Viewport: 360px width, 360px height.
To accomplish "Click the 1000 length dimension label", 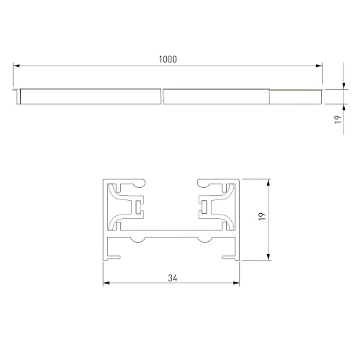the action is [x=168, y=59].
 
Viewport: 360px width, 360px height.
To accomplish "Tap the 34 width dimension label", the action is [x=173, y=278].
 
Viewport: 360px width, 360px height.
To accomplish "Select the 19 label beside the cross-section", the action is [x=263, y=217].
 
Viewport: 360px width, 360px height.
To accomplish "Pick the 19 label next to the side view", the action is [x=338, y=120].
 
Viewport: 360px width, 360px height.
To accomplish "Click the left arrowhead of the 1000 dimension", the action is [x=17, y=66].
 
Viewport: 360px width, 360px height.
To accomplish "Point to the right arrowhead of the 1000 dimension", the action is [x=319, y=66].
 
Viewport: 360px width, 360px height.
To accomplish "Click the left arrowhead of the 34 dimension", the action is [x=107, y=283].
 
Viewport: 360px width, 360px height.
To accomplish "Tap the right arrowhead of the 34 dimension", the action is [x=236, y=283].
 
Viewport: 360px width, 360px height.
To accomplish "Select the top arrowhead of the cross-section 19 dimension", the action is [x=269, y=182].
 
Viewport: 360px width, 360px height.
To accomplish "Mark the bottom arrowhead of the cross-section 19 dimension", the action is [x=269, y=257].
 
